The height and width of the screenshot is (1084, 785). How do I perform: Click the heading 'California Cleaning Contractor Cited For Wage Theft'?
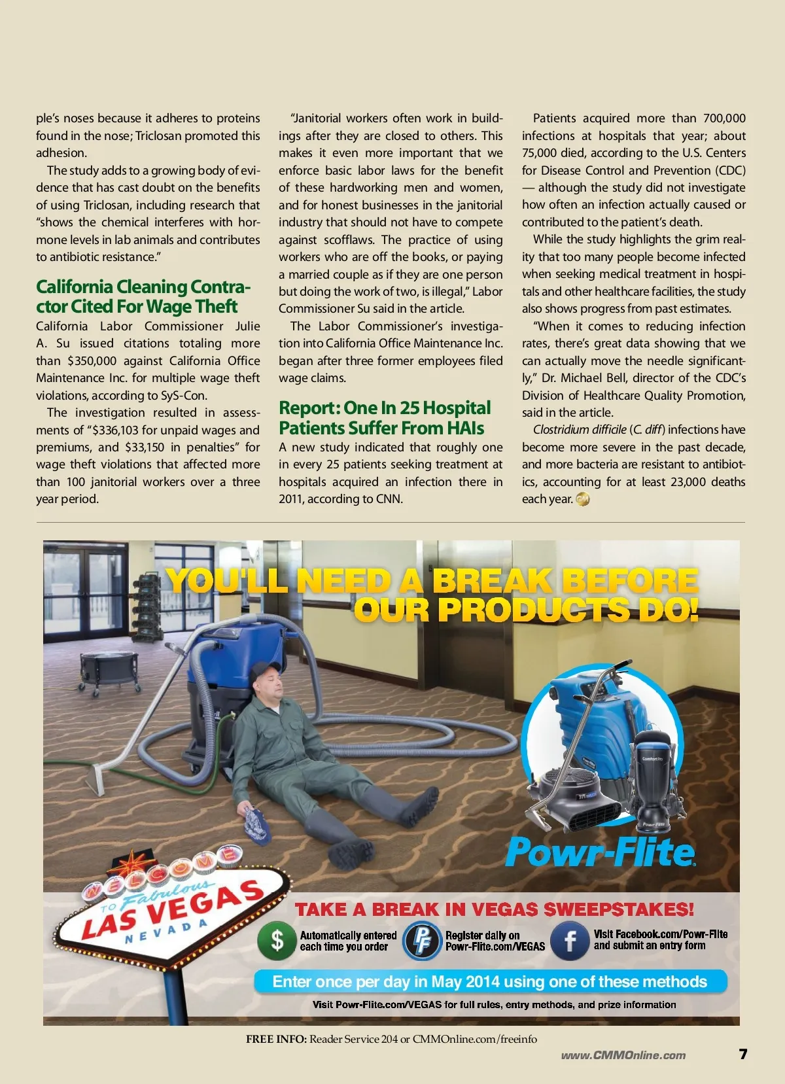(x=143, y=296)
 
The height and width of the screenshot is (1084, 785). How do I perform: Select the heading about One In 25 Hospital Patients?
(x=385, y=418)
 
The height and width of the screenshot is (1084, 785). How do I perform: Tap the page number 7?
(x=742, y=1054)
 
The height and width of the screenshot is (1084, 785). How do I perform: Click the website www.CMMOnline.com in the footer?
(x=623, y=1055)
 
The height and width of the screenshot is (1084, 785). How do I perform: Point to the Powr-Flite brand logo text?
(x=599, y=852)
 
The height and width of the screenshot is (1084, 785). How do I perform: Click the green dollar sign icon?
(x=277, y=941)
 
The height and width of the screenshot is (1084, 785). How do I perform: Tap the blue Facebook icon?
(x=570, y=940)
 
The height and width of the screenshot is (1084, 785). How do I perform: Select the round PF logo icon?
(x=422, y=941)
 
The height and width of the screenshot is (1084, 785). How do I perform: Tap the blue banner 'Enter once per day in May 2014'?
(x=489, y=982)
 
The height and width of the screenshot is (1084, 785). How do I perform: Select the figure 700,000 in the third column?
(x=724, y=118)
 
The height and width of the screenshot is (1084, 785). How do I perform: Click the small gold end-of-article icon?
(x=582, y=499)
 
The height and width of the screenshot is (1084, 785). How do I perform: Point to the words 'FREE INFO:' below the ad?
(x=276, y=1039)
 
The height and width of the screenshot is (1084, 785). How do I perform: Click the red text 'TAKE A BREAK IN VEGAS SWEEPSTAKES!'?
(x=494, y=909)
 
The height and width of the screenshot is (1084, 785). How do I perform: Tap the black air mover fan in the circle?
(x=576, y=797)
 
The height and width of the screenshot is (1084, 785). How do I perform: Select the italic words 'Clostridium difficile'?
(x=580, y=430)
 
